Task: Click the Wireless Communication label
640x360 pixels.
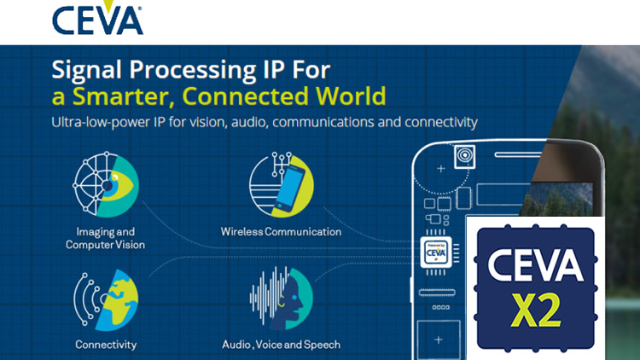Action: pyautogui.click(x=281, y=231)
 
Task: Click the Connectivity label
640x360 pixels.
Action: pyautogui.click(x=106, y=345)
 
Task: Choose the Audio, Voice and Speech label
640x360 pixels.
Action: pyautogui.click(x=282, y=345)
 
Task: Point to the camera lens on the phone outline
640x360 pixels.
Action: pyautogui.click(x=465, y=157)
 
